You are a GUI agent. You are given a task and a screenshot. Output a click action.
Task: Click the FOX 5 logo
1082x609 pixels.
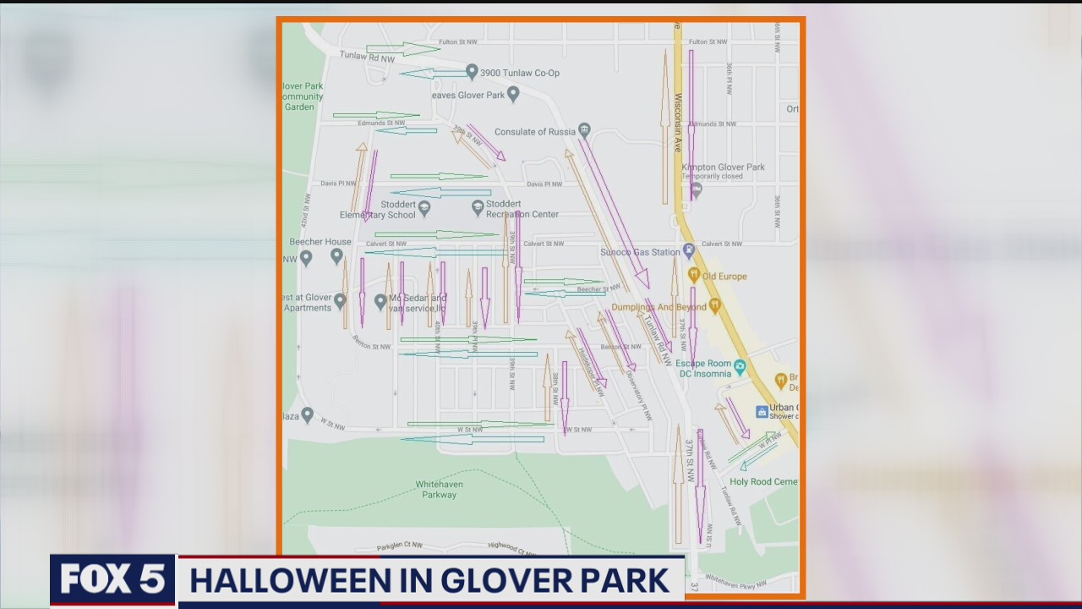tap(112, 581)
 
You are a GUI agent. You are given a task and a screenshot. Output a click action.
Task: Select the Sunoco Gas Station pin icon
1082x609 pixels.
tap(689, 250)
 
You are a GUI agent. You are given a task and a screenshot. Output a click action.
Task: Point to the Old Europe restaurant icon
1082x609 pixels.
tap(693, 275)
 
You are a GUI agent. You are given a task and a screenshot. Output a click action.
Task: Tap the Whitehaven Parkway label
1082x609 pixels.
tap(438, 490)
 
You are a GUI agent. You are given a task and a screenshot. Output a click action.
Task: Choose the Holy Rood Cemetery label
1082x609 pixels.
tap(763, 482)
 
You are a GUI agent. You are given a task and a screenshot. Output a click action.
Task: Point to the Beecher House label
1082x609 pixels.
tap(320, 242)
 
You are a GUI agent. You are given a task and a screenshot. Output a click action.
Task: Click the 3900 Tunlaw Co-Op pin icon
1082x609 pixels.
tap(472, 72)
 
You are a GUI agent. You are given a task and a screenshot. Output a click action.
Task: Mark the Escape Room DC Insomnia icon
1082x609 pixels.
tap(740, 366)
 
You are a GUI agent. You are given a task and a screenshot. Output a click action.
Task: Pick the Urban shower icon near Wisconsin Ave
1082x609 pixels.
tap(762, 411)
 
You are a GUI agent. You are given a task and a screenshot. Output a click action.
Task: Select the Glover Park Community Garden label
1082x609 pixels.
tap(303, 96)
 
